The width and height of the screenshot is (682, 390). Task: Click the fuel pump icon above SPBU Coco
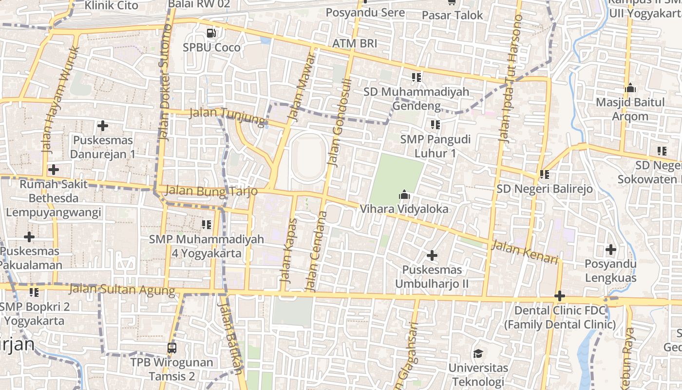coord(211,33)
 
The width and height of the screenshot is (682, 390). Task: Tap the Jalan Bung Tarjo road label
coord(211,191)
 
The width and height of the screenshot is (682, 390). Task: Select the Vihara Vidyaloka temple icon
coord(404,195)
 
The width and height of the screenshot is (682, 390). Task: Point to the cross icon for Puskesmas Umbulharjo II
coord(432,255)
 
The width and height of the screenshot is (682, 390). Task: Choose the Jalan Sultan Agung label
coord(122,290)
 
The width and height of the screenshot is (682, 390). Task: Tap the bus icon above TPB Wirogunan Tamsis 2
coord(171,348)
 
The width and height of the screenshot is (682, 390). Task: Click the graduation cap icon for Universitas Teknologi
coord(478,353)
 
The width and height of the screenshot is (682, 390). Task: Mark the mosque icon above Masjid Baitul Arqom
coord(630,88)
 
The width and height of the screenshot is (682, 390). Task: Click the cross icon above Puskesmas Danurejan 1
coord(102,126)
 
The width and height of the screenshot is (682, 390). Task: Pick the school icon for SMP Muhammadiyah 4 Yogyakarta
coord(207,225)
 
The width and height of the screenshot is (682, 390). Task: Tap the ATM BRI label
coord(355,43)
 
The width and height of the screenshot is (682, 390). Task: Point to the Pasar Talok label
coord(452,15)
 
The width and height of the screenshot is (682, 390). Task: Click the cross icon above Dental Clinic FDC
coord(559,296)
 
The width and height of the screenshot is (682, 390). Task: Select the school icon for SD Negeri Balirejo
coord(544,174)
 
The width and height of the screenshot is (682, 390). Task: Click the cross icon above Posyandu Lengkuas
coord(610,250)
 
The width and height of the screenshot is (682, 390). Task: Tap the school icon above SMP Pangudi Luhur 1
coord(435,125)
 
